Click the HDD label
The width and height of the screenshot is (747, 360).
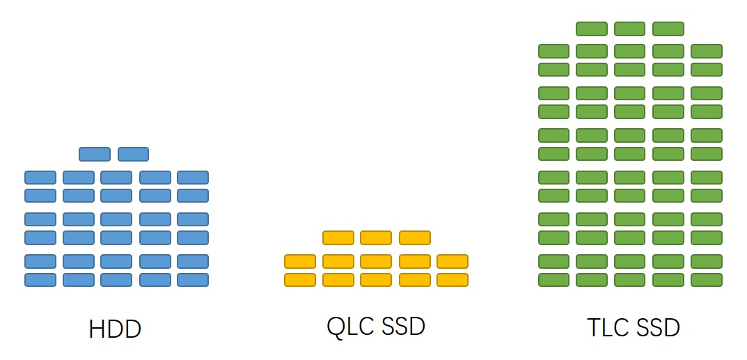click(115, 329)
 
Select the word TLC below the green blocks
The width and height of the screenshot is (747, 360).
click(607, 327)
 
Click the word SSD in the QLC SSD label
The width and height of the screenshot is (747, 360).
click(402, 326)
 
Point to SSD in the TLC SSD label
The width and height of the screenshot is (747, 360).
click(657, 327)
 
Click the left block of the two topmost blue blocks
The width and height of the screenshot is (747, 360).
click(95, 154)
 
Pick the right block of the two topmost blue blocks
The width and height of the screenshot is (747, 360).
click(133, 154)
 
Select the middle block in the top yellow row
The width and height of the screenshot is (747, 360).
click(376, 237)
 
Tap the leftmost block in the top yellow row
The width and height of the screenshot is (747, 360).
click(338, 237)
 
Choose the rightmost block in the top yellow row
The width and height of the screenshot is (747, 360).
click(414, 237)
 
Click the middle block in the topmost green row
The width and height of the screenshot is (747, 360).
click(629, 29)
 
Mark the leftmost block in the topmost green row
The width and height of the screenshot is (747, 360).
click(592, 29)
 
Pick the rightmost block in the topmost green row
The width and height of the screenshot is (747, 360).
click(668, 29)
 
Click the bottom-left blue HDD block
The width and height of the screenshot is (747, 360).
click(40, 279)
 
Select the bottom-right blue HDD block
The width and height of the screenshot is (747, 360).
click(193, 279)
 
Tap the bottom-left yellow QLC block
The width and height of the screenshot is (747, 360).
click(300, 279)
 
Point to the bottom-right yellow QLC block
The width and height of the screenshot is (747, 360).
click(453, 279)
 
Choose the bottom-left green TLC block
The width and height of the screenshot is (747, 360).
click(554, 279)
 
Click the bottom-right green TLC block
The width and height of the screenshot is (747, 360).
click(707, 279)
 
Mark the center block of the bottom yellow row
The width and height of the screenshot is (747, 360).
click(376, 279)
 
